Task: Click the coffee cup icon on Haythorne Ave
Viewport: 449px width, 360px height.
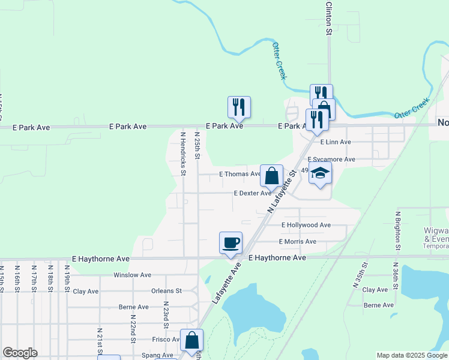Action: click(231, 243)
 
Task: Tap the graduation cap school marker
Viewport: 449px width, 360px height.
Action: click(320, 173)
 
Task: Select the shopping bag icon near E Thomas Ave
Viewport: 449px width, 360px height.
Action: click(271, 176)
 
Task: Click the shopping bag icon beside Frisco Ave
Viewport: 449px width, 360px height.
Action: click(191, 341)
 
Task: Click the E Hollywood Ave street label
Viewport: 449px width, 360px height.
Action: click(306, 225)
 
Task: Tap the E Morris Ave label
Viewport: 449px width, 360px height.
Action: click(297, 242)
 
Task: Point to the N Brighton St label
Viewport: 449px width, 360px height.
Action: click(397, 230)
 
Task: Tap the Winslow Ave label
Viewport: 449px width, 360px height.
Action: click(132, 275)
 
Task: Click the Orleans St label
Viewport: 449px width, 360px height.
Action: click(166, 291)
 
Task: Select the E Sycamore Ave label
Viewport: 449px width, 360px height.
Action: click(331, 160)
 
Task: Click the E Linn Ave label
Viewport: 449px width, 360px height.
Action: click(335, 143)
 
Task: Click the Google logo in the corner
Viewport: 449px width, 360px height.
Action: click(20, 353)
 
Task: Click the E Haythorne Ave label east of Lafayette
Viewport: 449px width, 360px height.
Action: click(277, 258)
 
